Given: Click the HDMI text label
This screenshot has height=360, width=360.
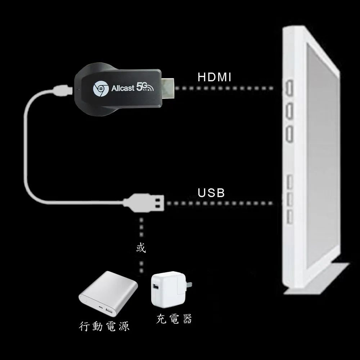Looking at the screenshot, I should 215,77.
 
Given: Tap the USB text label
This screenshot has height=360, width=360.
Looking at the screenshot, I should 211,193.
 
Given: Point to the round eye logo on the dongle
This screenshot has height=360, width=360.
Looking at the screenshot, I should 99,88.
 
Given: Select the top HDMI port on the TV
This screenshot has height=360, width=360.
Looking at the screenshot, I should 289,87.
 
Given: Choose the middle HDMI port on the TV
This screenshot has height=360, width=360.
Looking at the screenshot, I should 289,111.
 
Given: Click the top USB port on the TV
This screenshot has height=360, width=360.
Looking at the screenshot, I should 289,181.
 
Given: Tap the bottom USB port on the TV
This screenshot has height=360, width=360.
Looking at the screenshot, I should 289,217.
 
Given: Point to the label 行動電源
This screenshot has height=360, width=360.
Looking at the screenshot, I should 104,326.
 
